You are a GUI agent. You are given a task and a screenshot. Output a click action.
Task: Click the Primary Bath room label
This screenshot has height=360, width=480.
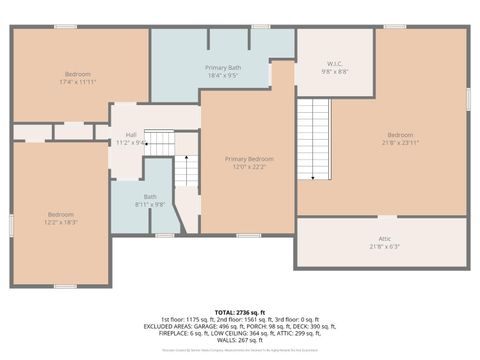tap(222, 66)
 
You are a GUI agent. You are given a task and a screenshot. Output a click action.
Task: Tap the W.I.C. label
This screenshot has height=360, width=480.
tap(333, 65)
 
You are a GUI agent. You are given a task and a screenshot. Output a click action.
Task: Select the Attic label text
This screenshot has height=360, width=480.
tap(385, 238)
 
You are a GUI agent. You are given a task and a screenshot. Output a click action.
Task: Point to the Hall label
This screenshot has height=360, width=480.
tap(131, 135)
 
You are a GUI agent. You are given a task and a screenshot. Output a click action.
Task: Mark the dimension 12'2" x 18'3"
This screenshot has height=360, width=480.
tap(61, 221)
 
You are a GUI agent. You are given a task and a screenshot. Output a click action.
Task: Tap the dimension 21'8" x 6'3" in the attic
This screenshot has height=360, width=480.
tap(385, 246)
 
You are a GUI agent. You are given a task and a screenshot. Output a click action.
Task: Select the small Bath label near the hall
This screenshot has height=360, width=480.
tap(150, 196)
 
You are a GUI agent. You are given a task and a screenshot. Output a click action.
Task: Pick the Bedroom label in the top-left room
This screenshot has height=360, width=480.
tap(79, 74)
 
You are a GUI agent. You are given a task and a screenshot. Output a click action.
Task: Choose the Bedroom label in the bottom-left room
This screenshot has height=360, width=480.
tap(61, 213)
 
